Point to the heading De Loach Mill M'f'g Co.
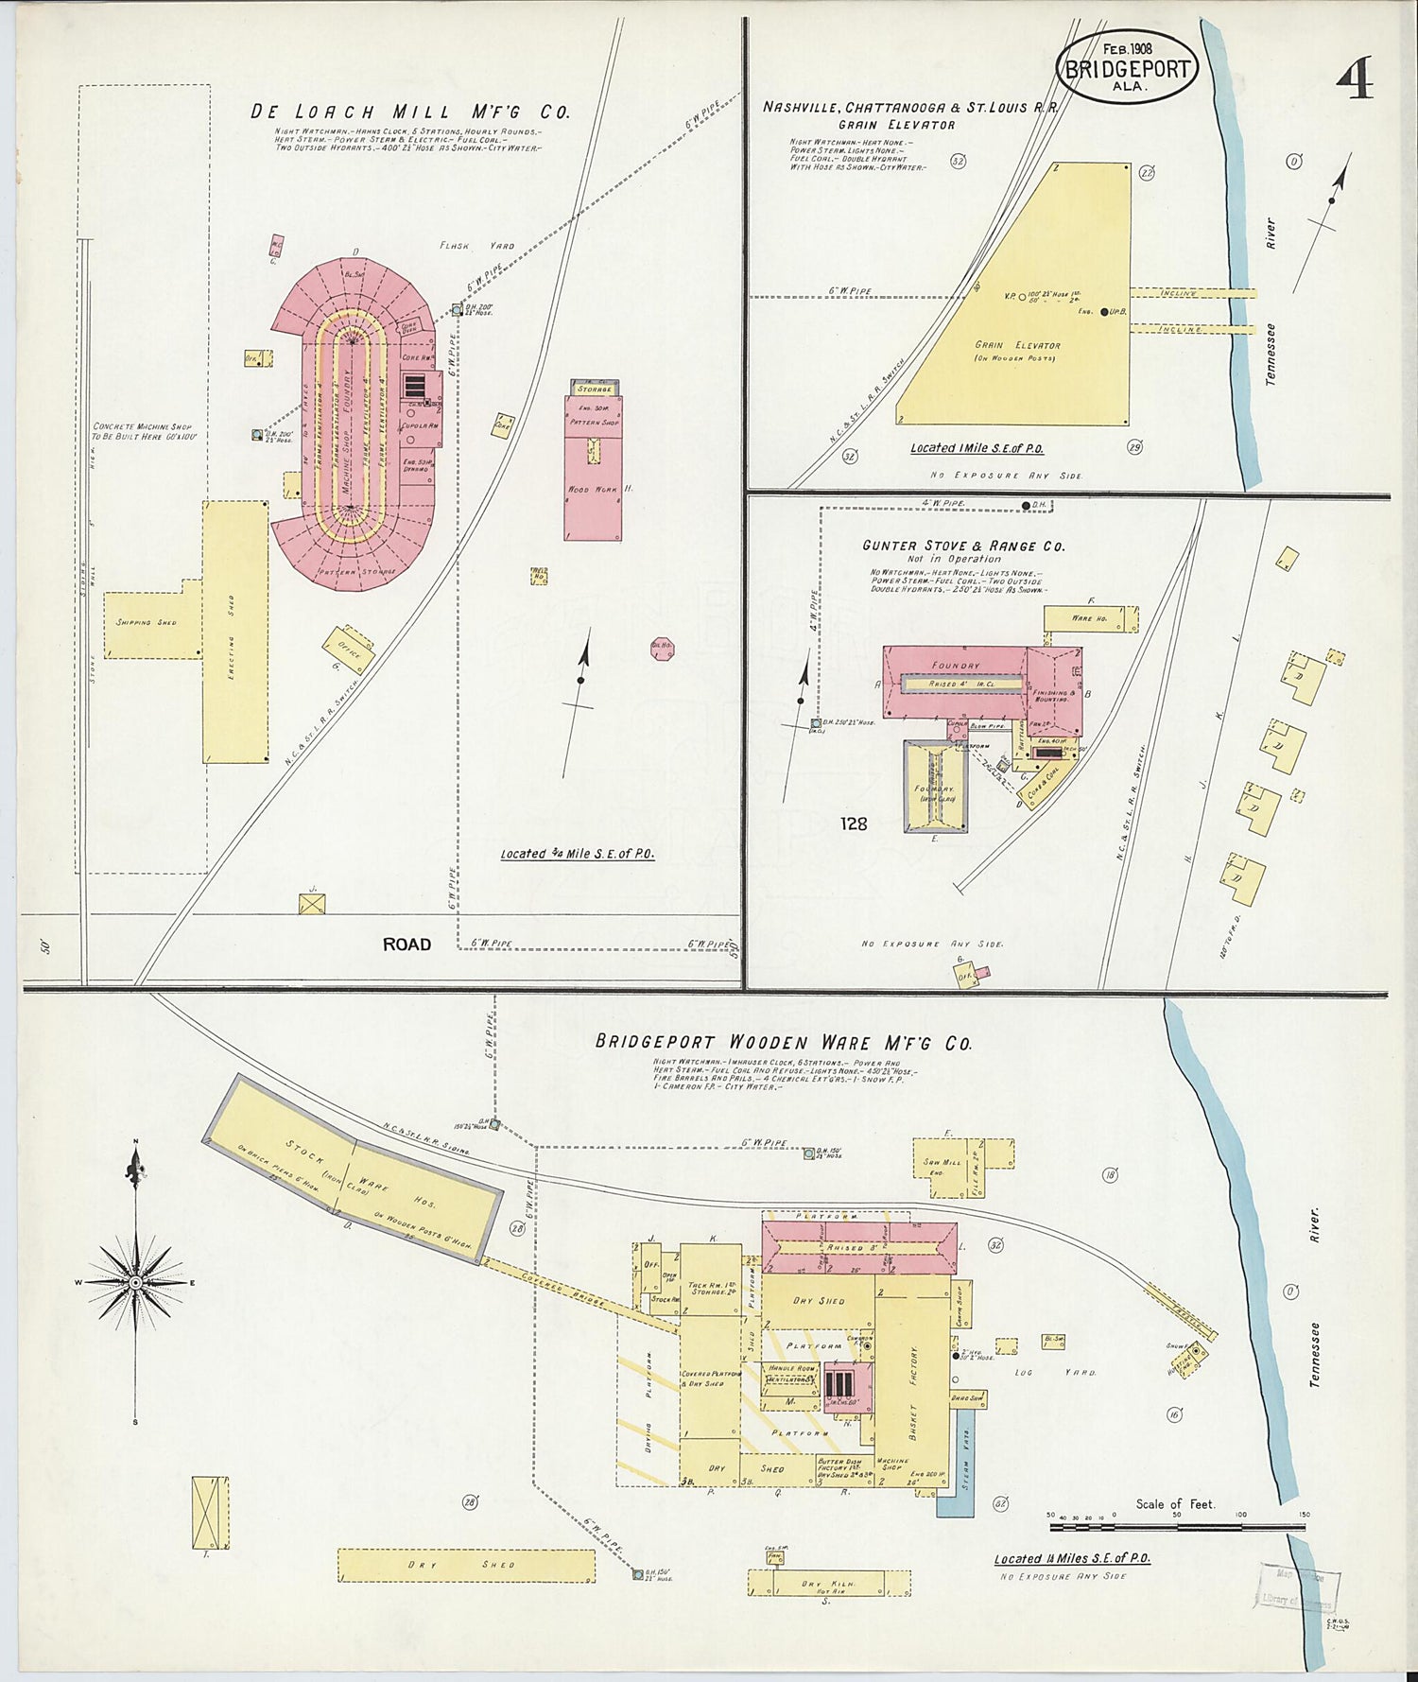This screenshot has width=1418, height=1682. click(409, 112)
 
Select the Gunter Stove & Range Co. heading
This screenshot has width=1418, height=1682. click(962, 546)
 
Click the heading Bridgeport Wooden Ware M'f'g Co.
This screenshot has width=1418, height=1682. click(783, 1043)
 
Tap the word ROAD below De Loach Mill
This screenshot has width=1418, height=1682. click(406, 944)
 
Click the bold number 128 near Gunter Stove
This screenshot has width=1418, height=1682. click(853, 824)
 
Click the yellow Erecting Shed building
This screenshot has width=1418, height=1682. click(235, 632)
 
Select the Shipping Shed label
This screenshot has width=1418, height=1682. click(146, 622)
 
